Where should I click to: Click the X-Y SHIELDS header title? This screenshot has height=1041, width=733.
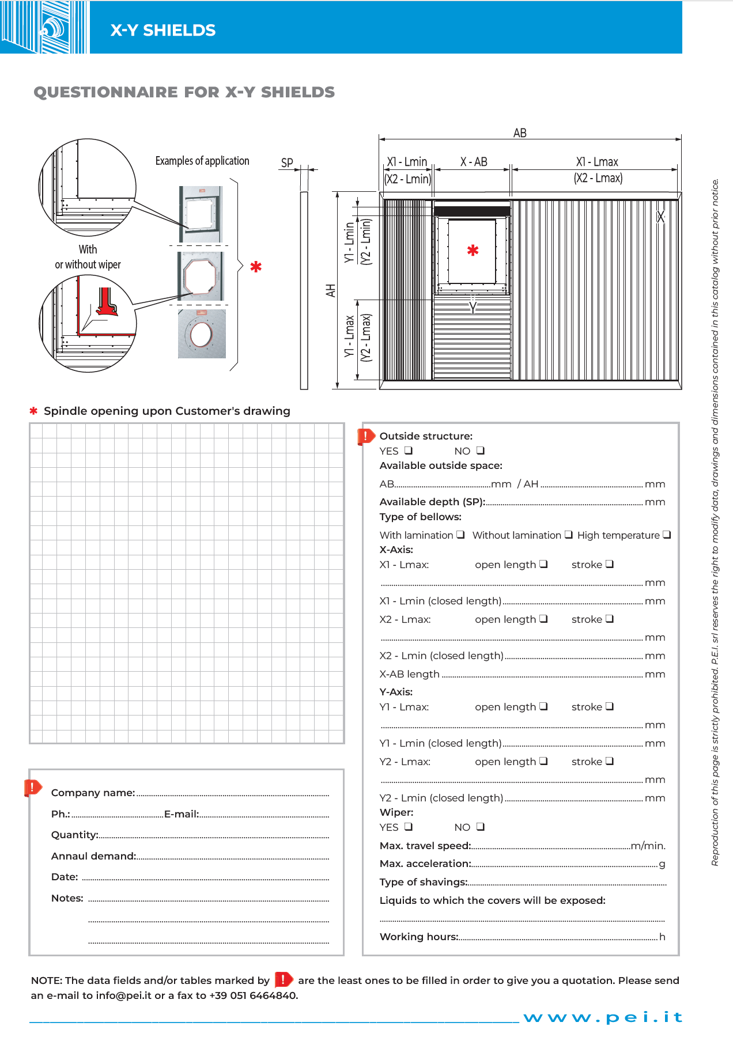(163, 31)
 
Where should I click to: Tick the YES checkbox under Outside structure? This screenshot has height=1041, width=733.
(409, 451)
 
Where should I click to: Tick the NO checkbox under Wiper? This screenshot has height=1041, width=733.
(480, 827)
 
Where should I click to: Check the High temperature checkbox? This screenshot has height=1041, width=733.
(667, 535)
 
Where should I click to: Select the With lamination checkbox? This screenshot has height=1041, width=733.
(460, 535)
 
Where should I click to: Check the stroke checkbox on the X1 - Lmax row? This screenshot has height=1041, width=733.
(610, 564)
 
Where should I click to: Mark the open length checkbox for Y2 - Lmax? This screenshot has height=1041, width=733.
(543, 761)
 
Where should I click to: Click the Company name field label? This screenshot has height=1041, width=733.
(93, 793)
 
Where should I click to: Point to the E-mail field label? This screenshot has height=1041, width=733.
(182, 814)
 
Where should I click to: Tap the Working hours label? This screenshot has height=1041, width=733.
(418, 937)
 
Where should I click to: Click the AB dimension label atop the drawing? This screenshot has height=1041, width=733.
(520, 133)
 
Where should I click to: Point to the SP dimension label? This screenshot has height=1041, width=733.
(287, 163)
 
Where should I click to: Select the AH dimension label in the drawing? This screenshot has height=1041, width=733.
(331, 290)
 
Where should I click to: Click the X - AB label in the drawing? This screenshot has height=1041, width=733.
(474, 162)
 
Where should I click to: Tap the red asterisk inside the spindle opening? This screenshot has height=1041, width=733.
(473, 251)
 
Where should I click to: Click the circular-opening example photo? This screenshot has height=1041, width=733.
(202, 334)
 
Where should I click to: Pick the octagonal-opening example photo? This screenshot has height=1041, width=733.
(201, 276)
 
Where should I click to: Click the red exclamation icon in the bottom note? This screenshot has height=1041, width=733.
(284, 979)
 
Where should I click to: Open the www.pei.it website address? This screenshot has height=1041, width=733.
(603, 1017)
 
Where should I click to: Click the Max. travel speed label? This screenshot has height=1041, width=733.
(425, 846)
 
